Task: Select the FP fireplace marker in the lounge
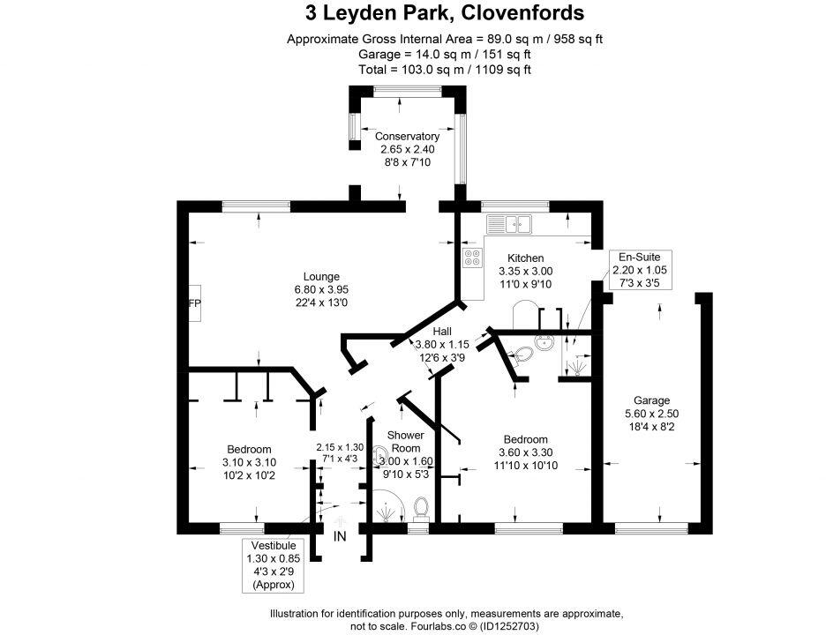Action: tap(193, 304)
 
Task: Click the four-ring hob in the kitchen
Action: tap(473, 258)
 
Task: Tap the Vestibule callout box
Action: tap(273, 564)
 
